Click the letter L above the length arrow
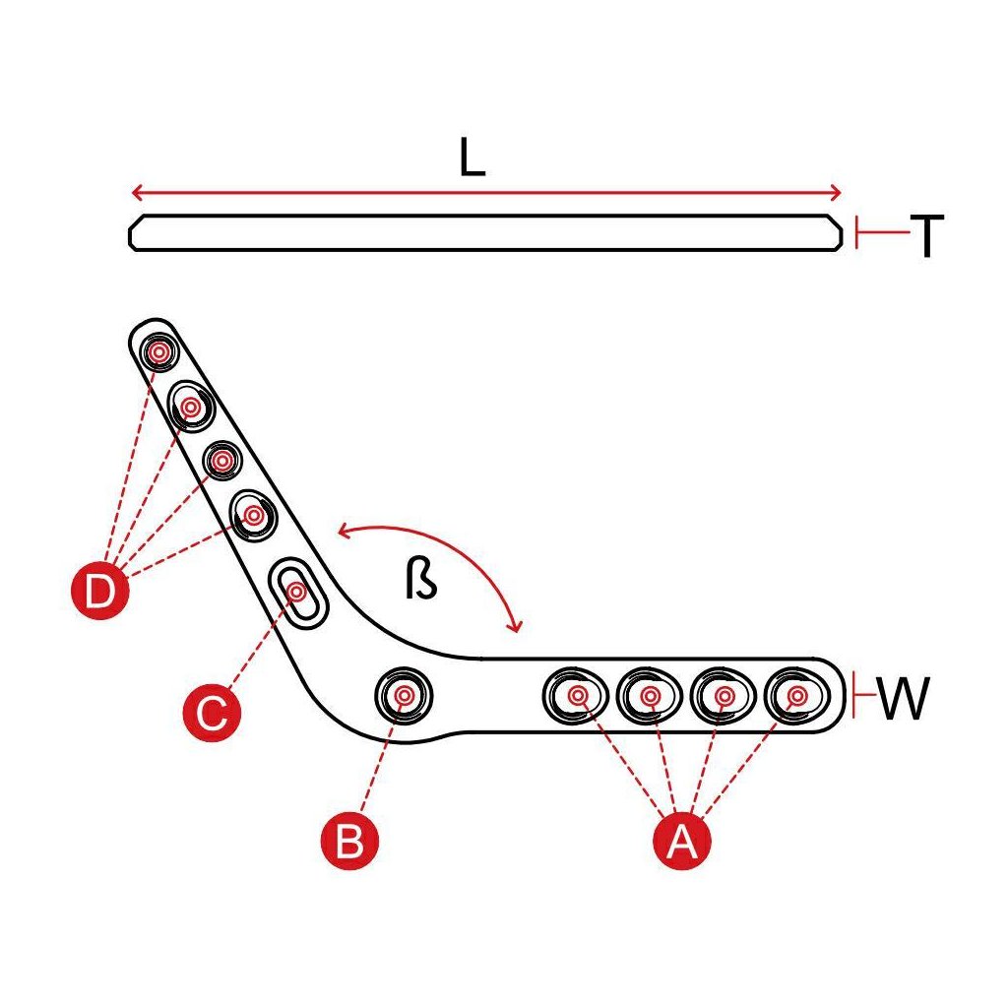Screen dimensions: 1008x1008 click(x=473, y=158)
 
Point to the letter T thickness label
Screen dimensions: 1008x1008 click(x=926, y=236)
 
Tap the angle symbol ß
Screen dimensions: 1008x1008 click(x=420, y=581)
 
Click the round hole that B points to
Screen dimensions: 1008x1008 click(x=404, y=695)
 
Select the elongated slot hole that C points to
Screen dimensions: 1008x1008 click(x=297, y=591)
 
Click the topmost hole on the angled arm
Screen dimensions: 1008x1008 click(x=157, y=351)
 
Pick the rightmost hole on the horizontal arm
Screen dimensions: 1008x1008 click(x=795, y=696)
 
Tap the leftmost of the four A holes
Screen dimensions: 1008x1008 click(x=576, y=696)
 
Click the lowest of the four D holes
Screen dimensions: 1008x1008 click(x=254, y=514)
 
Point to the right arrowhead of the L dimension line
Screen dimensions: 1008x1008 click(x=836, y=192)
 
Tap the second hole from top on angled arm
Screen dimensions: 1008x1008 click(x=190, y=405)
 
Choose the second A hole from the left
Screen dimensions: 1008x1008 click(x=650, y=696)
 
